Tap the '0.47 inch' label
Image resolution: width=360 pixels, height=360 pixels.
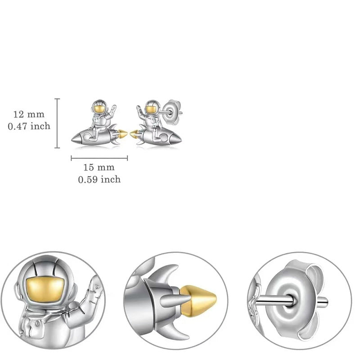(x=29, y=126)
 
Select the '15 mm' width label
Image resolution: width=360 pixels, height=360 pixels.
(x=99, y=167)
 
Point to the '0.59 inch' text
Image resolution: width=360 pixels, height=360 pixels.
(x=99, y=180)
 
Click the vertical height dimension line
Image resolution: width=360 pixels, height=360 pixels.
(x=57, y=123)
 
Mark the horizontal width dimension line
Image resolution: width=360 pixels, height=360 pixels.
(x=99, y=158)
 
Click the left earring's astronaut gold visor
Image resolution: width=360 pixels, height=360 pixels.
(x=99, y=108)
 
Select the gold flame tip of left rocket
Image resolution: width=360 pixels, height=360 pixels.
(x=122, y=134)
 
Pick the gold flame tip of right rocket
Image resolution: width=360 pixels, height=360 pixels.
(x=134, y=134)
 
